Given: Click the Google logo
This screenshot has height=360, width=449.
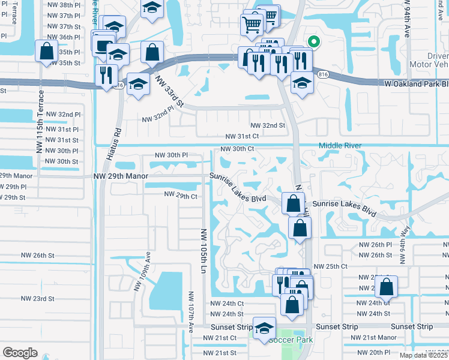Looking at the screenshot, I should click(x=20, y=353).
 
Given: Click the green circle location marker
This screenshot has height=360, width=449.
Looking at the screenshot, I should click(x=313, y=41).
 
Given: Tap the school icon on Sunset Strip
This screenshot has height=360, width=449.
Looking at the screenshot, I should click(x=264, y=328).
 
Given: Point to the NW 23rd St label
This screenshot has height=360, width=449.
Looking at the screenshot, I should click(x=37, y=298).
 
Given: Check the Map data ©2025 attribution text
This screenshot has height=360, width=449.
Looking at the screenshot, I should click(x=423, y=355).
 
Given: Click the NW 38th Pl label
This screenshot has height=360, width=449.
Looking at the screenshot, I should click(x=63, y=5).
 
